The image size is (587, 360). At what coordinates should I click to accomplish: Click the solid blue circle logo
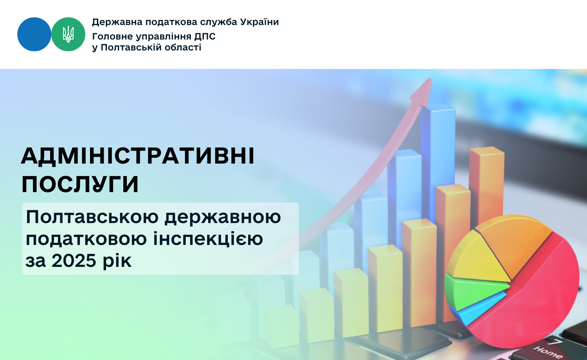click(x=34, y=34)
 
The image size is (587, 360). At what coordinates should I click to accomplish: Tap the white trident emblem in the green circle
click(x=68, y=34)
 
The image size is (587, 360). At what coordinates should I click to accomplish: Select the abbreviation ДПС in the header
click(x=205, y=36)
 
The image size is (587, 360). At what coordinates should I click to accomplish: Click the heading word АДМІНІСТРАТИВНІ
click(x=138, y=157)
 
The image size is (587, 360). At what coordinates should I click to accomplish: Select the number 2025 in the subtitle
click(x=74, y=261)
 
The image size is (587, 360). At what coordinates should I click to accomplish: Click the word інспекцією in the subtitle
click(x=208, y=238)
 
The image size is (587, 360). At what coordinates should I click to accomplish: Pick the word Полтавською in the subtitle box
click(x=92, y=217)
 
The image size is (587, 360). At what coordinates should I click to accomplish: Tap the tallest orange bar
click(x=486, y=186)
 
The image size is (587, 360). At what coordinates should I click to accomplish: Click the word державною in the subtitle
click(x=223, y=217)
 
